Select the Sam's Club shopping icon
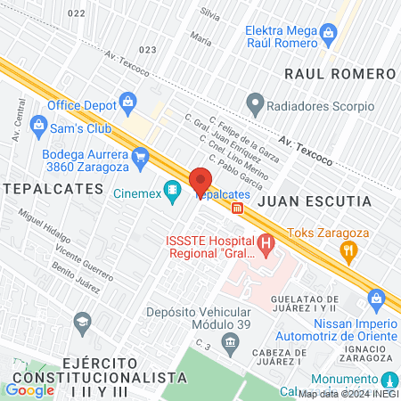pos(37,123)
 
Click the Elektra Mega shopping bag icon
pos(329,34)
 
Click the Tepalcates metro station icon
pos(238,209)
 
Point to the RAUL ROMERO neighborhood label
pos(339,73)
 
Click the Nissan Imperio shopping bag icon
pos(375,295)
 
